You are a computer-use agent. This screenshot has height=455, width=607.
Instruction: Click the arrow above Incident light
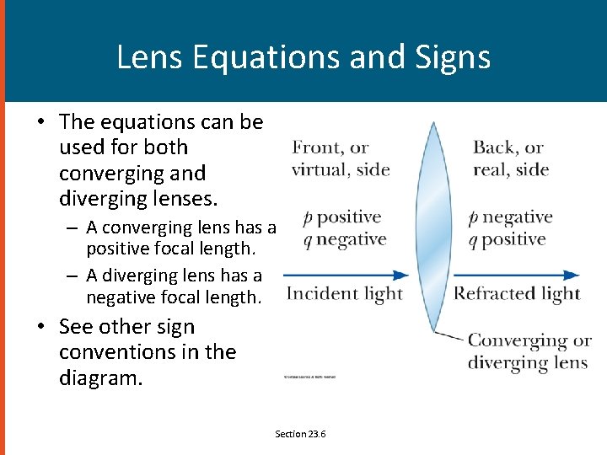[346, 275]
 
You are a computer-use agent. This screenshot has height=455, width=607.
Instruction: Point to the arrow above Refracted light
[516, 275]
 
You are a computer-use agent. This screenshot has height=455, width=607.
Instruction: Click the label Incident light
[344, 293]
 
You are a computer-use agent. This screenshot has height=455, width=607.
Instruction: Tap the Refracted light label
[517, 293]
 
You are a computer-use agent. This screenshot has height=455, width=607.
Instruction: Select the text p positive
[342, 217]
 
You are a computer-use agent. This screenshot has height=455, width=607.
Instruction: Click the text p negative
[511, 217]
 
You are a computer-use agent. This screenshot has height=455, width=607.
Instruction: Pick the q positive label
[508, 240]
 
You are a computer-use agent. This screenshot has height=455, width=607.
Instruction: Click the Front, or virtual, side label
[340, 158]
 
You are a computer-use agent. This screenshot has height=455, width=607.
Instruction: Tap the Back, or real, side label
[511, 158]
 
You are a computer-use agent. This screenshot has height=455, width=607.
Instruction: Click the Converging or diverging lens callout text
[528, 351]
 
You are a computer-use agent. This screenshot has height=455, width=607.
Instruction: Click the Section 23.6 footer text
[300, 434]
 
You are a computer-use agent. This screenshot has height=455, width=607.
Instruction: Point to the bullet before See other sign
[40, 327]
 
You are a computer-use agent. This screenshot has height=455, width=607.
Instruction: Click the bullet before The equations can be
[40, 122]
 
